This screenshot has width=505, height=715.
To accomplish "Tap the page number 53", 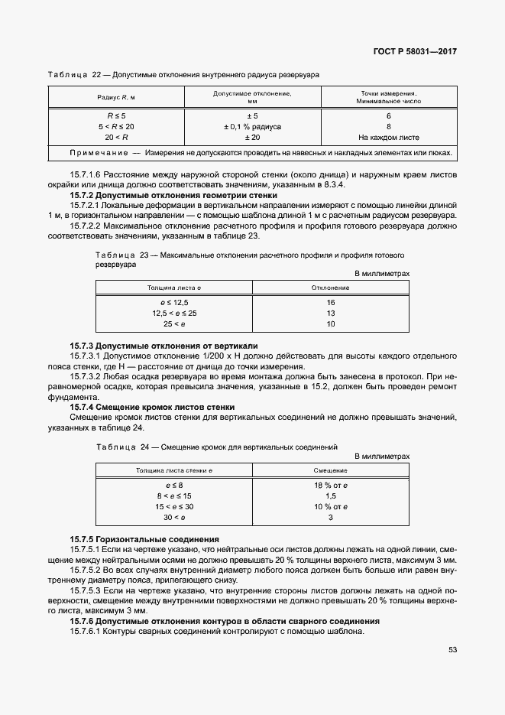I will pos(452,649).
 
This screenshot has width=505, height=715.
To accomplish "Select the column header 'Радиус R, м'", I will pos(116,97).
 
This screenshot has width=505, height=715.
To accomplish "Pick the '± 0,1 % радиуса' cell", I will pos(252,126).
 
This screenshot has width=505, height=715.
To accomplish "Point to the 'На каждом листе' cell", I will pos(389,137).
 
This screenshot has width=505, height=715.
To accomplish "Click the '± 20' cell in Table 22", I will pos(252,137).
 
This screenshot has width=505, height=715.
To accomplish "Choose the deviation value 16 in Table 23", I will pos(331,303).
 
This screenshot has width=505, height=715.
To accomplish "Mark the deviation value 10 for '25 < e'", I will pos(331,324).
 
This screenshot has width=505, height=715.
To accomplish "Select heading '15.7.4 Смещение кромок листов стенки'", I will pos(152,407).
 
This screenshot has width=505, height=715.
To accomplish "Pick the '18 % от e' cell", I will pos(331,486).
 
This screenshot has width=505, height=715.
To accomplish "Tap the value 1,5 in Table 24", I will pos(331,496).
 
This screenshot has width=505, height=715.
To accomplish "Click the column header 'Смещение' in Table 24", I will pos(331,470).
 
